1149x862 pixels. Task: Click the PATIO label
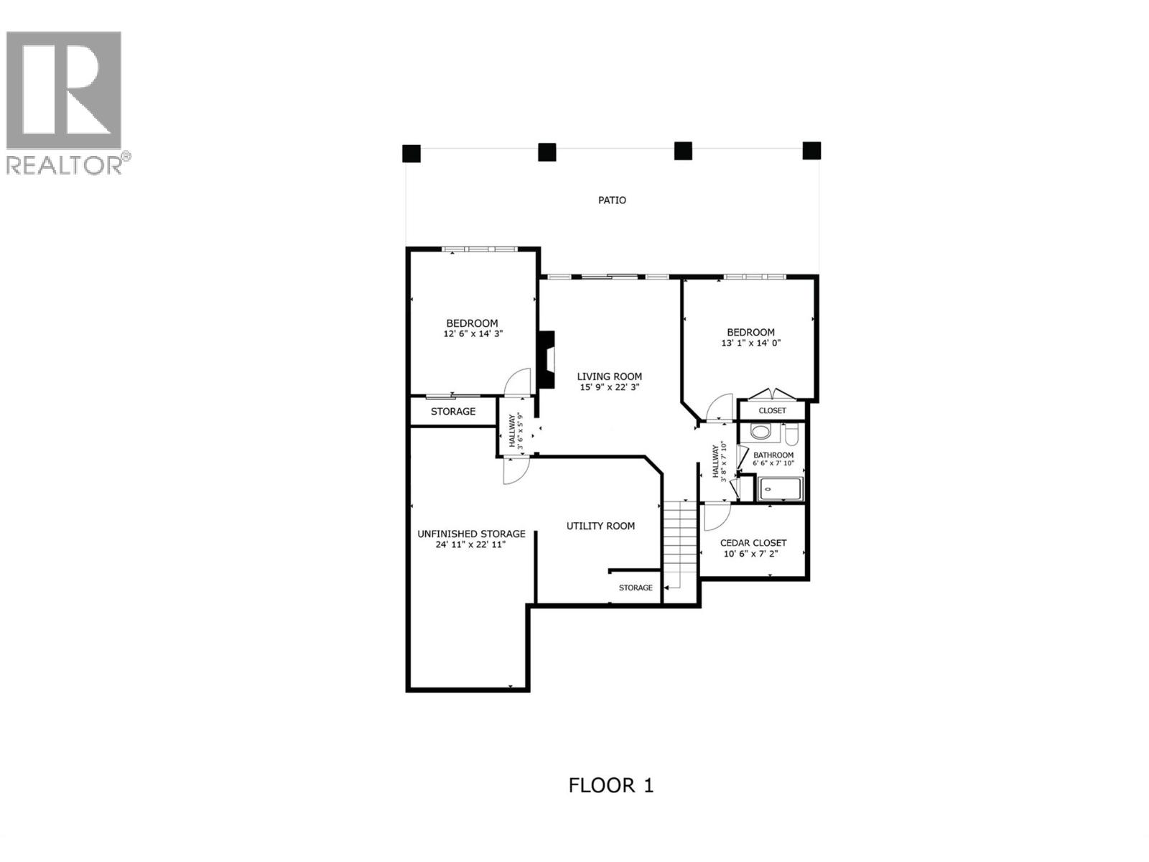pos(612,200)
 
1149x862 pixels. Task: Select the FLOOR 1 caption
pos(610,785)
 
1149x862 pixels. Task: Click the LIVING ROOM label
pos(610,376)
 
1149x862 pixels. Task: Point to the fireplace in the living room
pos(548,360)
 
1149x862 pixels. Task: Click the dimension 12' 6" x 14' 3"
pos(471,334)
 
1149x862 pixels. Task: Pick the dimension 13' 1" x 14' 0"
pos(750,343)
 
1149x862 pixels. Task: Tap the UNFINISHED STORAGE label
pos(471,534)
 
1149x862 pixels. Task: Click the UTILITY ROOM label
pos(600,526)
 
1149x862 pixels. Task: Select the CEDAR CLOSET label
pos(753,543)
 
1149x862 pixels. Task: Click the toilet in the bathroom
pos(791,435)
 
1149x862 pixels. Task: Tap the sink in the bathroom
pos(760,432)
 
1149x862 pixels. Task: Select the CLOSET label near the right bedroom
pos(772,411)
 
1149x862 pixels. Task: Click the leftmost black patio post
pos(411,154)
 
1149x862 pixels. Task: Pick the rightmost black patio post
pos(811,151)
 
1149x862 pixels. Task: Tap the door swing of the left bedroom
pos(515,382)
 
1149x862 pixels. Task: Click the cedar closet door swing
pos(715,516)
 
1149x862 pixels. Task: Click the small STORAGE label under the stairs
pos(636,588)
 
